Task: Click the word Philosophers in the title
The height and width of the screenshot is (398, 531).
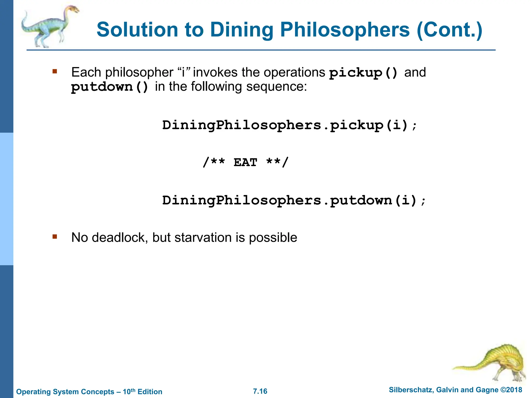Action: point(345,30)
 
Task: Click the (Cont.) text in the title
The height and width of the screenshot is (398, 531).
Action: point(450,30)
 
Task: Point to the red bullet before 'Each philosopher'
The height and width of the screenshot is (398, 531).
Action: point(55,71)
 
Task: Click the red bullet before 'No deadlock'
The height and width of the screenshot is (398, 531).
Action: point(55,236)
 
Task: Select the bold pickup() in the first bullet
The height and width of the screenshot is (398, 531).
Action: point(363,73)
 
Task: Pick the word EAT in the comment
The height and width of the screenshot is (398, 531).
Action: point(245,162)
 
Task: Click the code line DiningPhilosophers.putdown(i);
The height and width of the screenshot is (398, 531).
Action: point(294,201)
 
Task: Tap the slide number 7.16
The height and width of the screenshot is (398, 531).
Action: point(260,391)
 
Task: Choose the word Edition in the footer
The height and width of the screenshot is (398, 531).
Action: point(150,392)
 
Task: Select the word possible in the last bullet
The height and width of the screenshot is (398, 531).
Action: point(273,238)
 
